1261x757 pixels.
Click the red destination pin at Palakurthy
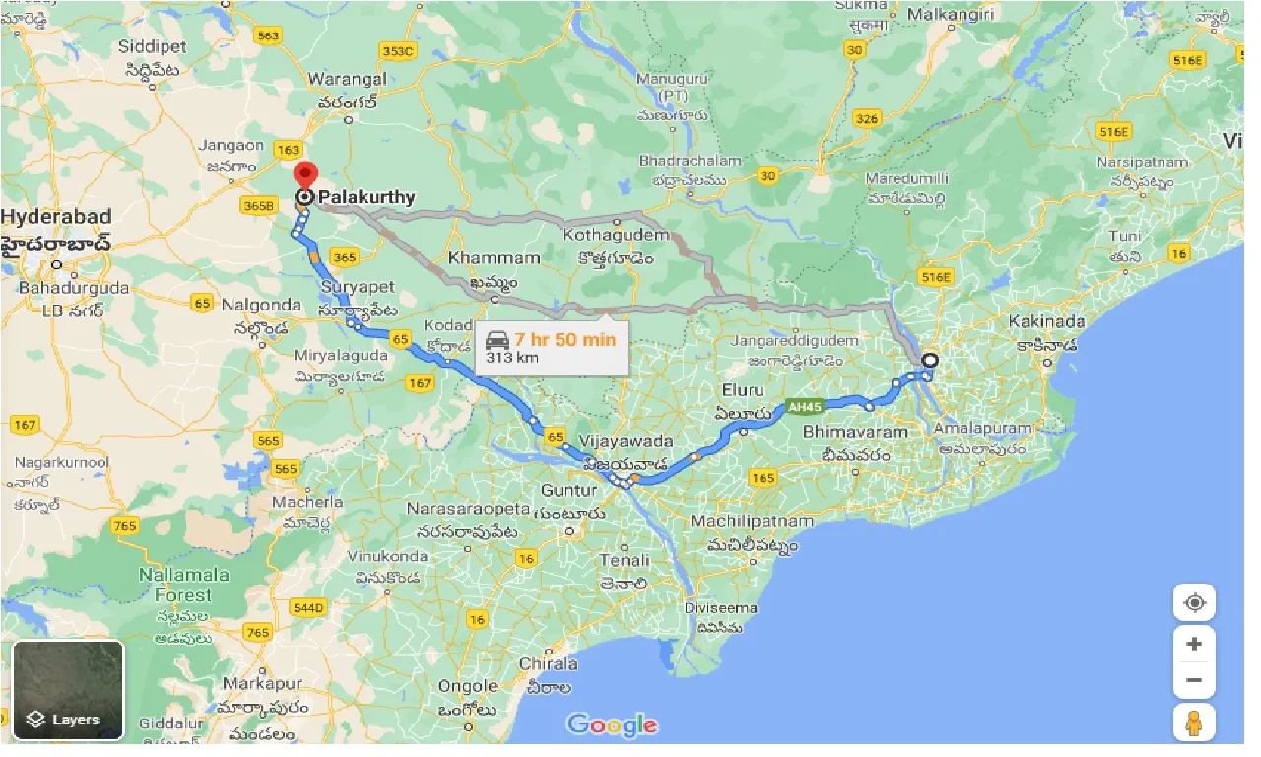(x=305, y=175)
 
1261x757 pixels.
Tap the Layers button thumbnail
(x=68, y=690)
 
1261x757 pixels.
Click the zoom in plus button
(x=1194, y=644)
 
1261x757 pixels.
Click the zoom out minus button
(x=1194, y=680)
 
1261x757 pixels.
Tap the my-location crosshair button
(x=1194, y=602)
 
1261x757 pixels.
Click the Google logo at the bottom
(x=612, y=725)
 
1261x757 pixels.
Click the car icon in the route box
(x=498, y=340)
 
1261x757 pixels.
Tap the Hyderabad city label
(x=56, y=216)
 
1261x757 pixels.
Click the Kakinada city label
(x=1046, y=321)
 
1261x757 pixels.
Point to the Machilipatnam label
(x=752, y=521)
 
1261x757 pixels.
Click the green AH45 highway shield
(x=803, y=405)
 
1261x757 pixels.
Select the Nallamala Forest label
(x=183, y=585)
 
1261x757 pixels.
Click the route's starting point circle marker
(x=929, y=361)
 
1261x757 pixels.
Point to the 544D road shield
(x=308, y=608)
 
